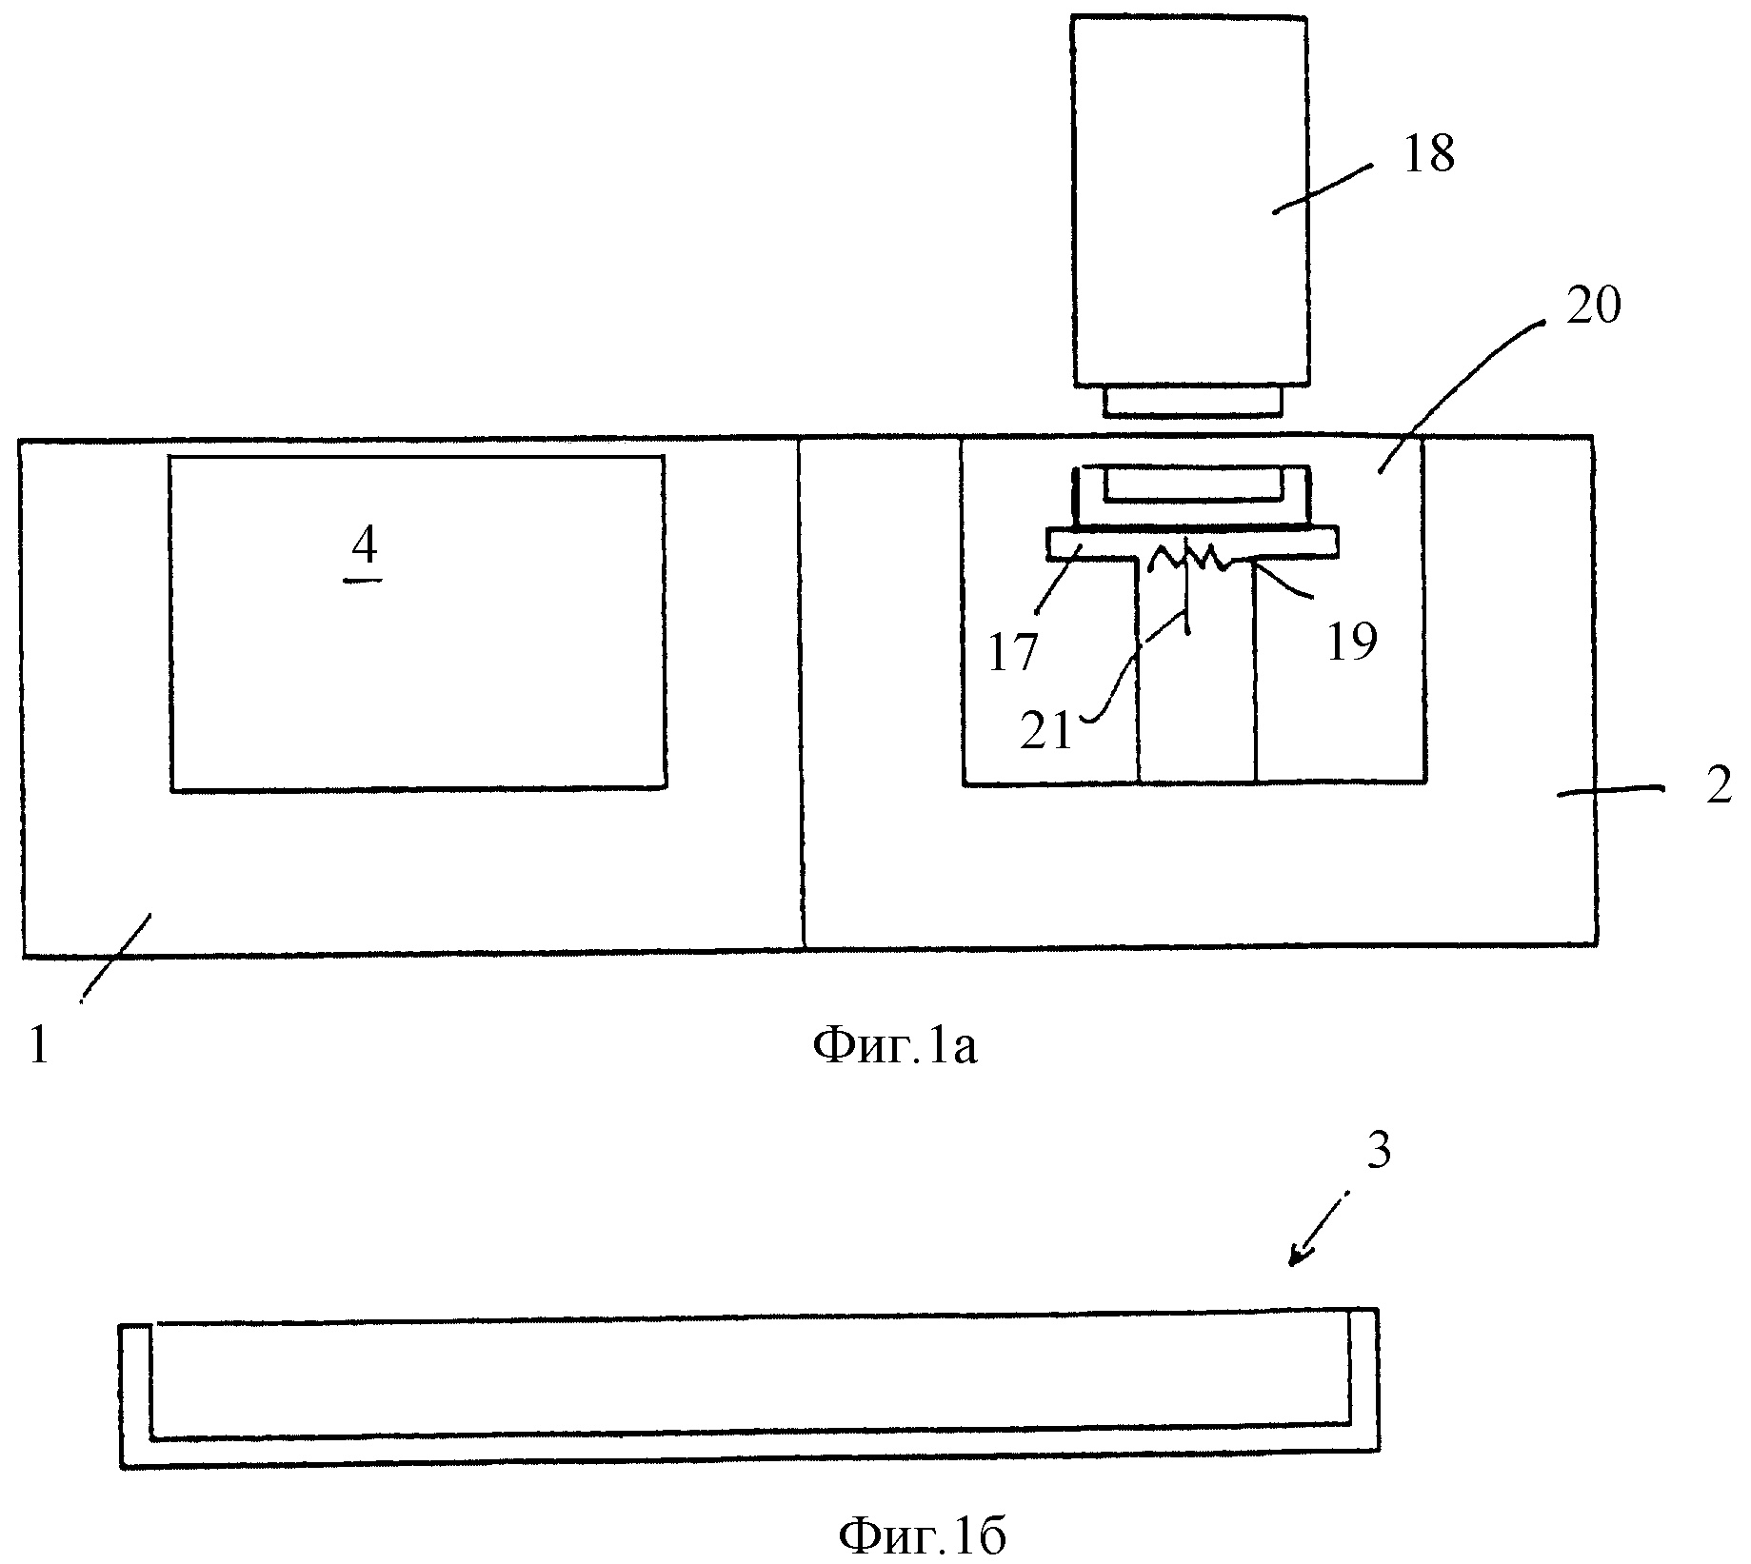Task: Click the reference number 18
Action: click(x=1429, y=155)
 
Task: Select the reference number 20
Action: click(x=1593, y=307)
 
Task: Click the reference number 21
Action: click(x=1047, y=731)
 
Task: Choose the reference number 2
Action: click(x=1718, y=788)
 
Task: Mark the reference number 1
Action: click(x=39, y=1046)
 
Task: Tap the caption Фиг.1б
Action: click(x=922, y=1535)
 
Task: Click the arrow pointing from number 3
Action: click(x=1320, y=1230)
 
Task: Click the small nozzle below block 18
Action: click(x=1192, y=402)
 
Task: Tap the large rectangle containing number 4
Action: click(x=417, y=623)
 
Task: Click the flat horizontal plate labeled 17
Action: click(x=1194, y=544)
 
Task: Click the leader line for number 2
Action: click(x=1610, y=790)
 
